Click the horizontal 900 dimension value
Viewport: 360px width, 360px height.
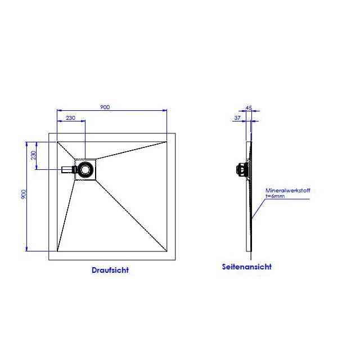click(105, 107)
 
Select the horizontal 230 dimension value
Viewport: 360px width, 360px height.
click(70, 118)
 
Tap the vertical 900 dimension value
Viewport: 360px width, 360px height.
click(24, 194)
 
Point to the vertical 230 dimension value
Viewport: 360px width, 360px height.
click(34, 155)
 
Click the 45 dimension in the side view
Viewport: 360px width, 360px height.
click(249, 107)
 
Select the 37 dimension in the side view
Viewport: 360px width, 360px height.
click(237, 118)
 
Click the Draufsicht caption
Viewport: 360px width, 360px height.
click(110, 270)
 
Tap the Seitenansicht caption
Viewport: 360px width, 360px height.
click(247, 267)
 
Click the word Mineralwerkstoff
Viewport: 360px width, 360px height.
click(287, 190)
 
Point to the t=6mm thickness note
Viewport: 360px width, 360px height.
click(275, 196)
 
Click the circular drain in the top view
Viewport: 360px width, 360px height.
click(85, 169)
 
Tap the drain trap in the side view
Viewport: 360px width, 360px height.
click(242, 169)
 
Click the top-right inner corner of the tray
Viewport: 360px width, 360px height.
click(167, 142)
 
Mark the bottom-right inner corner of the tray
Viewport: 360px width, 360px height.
click(167, 251)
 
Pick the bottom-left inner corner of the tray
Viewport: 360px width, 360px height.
click(57, 251)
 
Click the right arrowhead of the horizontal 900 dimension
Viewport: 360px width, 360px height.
click(165, 110)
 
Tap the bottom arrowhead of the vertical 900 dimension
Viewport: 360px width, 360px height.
click(26, 249)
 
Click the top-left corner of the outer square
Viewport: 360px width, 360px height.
click(49, 133)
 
